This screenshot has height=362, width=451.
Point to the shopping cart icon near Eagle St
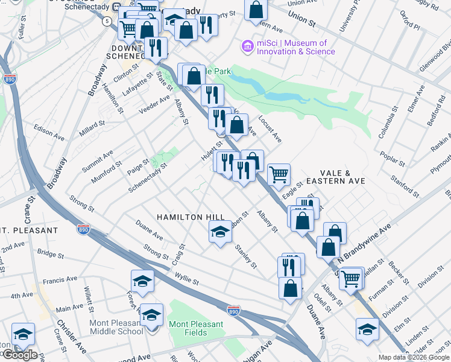(279, 174)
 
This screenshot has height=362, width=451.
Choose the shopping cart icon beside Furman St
(350, 278)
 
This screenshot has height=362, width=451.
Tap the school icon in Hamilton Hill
(220, 231)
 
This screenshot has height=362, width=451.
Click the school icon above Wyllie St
(142, 281)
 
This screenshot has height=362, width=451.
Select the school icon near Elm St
(367, 329)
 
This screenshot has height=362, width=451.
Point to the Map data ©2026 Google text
(414, 357)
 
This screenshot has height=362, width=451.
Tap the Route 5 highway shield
(107, 21)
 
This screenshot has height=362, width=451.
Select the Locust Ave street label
(270, 129)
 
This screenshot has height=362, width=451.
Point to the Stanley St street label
(246, 256)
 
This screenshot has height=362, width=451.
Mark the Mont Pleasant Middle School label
(116, 327)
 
